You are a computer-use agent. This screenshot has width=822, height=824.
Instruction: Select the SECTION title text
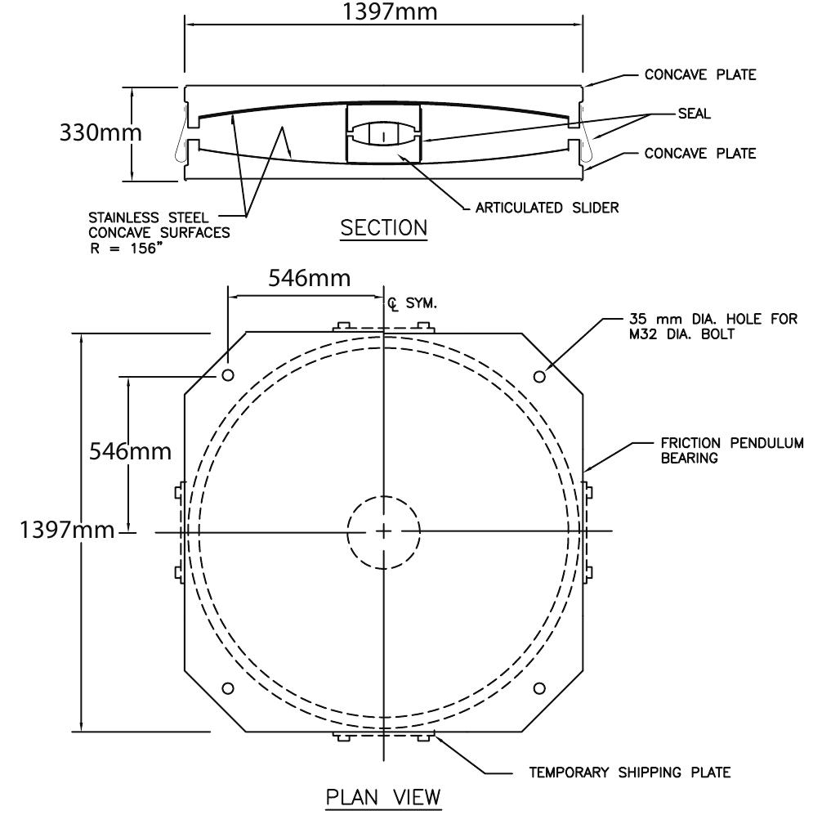point(383,228)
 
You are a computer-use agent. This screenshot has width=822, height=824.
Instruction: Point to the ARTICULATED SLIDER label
point(547,208)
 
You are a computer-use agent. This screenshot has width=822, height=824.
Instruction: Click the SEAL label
point(695,114)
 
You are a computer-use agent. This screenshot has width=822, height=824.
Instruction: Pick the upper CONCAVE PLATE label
point(700,75)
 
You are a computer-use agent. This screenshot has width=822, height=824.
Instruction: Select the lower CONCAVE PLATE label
point(700,153)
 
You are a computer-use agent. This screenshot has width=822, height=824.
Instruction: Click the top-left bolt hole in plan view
point(228,375)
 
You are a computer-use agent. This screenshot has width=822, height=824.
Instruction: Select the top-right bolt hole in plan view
point(539,375)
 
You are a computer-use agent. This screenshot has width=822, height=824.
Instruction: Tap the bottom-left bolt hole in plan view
point(228,687)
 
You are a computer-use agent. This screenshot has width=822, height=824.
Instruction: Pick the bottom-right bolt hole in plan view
point(539,687)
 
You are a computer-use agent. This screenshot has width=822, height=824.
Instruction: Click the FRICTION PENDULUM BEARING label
point(730,450)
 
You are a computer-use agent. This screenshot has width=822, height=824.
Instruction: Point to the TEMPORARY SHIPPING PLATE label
point(628,772)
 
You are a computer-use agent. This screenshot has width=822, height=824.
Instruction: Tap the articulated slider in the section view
point(383,134)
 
